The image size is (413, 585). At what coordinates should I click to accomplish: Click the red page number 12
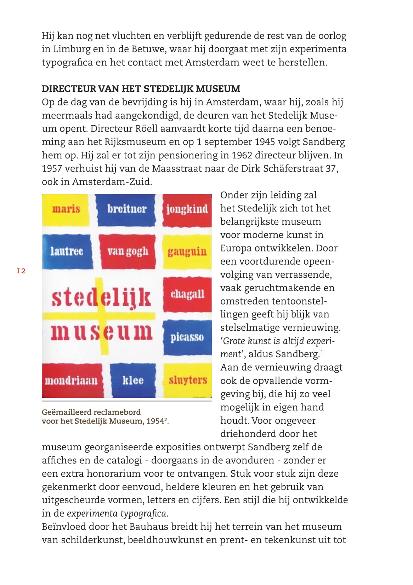click(21, 271)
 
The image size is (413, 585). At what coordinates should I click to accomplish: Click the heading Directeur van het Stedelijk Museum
click(141, 88)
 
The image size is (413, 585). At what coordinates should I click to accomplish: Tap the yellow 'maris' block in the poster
click(67, 209)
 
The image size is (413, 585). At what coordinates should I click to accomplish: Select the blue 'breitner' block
click(126, 209)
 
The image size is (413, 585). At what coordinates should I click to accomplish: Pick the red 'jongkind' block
click(187, 209)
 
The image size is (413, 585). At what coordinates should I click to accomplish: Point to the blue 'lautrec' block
click(67, 251)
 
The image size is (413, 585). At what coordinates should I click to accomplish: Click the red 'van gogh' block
click(128, 251)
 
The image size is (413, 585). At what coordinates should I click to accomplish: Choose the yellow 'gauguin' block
click(187, 252)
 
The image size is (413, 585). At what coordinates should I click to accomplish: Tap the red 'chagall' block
click(187, 294)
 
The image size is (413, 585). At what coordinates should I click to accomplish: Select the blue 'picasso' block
click(187, 337)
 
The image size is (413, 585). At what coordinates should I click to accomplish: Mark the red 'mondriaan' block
click(72, 381)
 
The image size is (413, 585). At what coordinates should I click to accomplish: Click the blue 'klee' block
click(133, 381)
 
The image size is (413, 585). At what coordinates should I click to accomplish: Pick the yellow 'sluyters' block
click(187, 381)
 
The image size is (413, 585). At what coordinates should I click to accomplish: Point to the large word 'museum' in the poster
click(101, 332)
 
